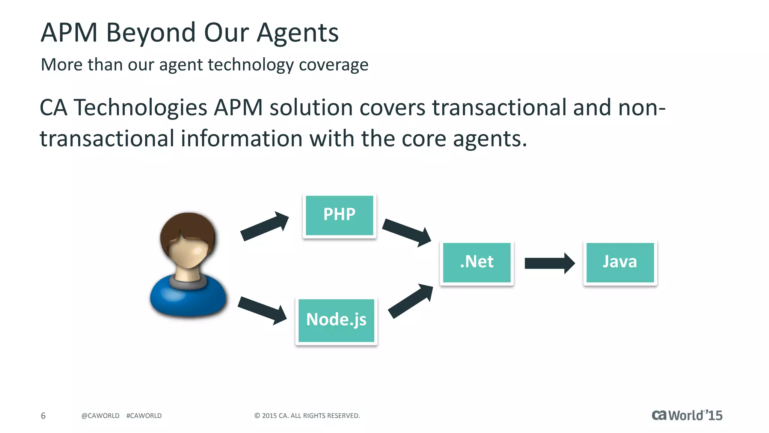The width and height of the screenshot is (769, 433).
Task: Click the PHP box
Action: pyautogui.click(x=339, y=215)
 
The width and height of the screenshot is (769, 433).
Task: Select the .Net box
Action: pyautogui.click(x=476, y=262)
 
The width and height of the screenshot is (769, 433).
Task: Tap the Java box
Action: pyautogui.click(x=620, y=262)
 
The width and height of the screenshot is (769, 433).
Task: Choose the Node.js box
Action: pyautogui.click(x=336, y=320)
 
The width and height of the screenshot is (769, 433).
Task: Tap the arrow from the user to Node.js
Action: pyautogui.click(x=262, y=310)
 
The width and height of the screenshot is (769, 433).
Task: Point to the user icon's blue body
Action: pyautogui.click(x=188, y=299)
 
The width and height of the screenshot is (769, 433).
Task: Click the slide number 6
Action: pyautogui.click(x=43, y=416)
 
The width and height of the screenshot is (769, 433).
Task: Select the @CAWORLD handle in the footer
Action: pyautogui.click(x=100, y=416)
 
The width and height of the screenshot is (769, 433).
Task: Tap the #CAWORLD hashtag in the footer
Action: pyautogui.click(x=144, y=416)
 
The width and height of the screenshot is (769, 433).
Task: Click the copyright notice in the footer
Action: pyautogui.click(x=307, y=416)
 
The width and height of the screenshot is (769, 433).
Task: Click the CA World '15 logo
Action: pyautogui.click(x=687, y=415)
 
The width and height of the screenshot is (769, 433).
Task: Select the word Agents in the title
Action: pyautogui.click(x=297, y=33)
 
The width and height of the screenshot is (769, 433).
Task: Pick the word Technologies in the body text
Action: pyautogui.click(x=140, y=108)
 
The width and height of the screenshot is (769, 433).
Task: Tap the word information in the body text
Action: pyautogui.click(x=241, y=139)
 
